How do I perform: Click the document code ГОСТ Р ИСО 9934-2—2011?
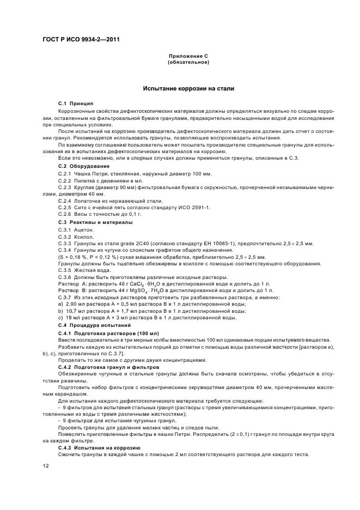click(81, 40)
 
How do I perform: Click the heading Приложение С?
click(188, 56)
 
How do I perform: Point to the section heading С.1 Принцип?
click(76, 103)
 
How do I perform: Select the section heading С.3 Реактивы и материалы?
click(95, 222)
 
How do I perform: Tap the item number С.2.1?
click(65, 173)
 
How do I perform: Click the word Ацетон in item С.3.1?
click(87, 229)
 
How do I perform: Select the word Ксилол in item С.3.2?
click(87, 236)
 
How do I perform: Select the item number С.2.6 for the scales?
click(65, 215)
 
